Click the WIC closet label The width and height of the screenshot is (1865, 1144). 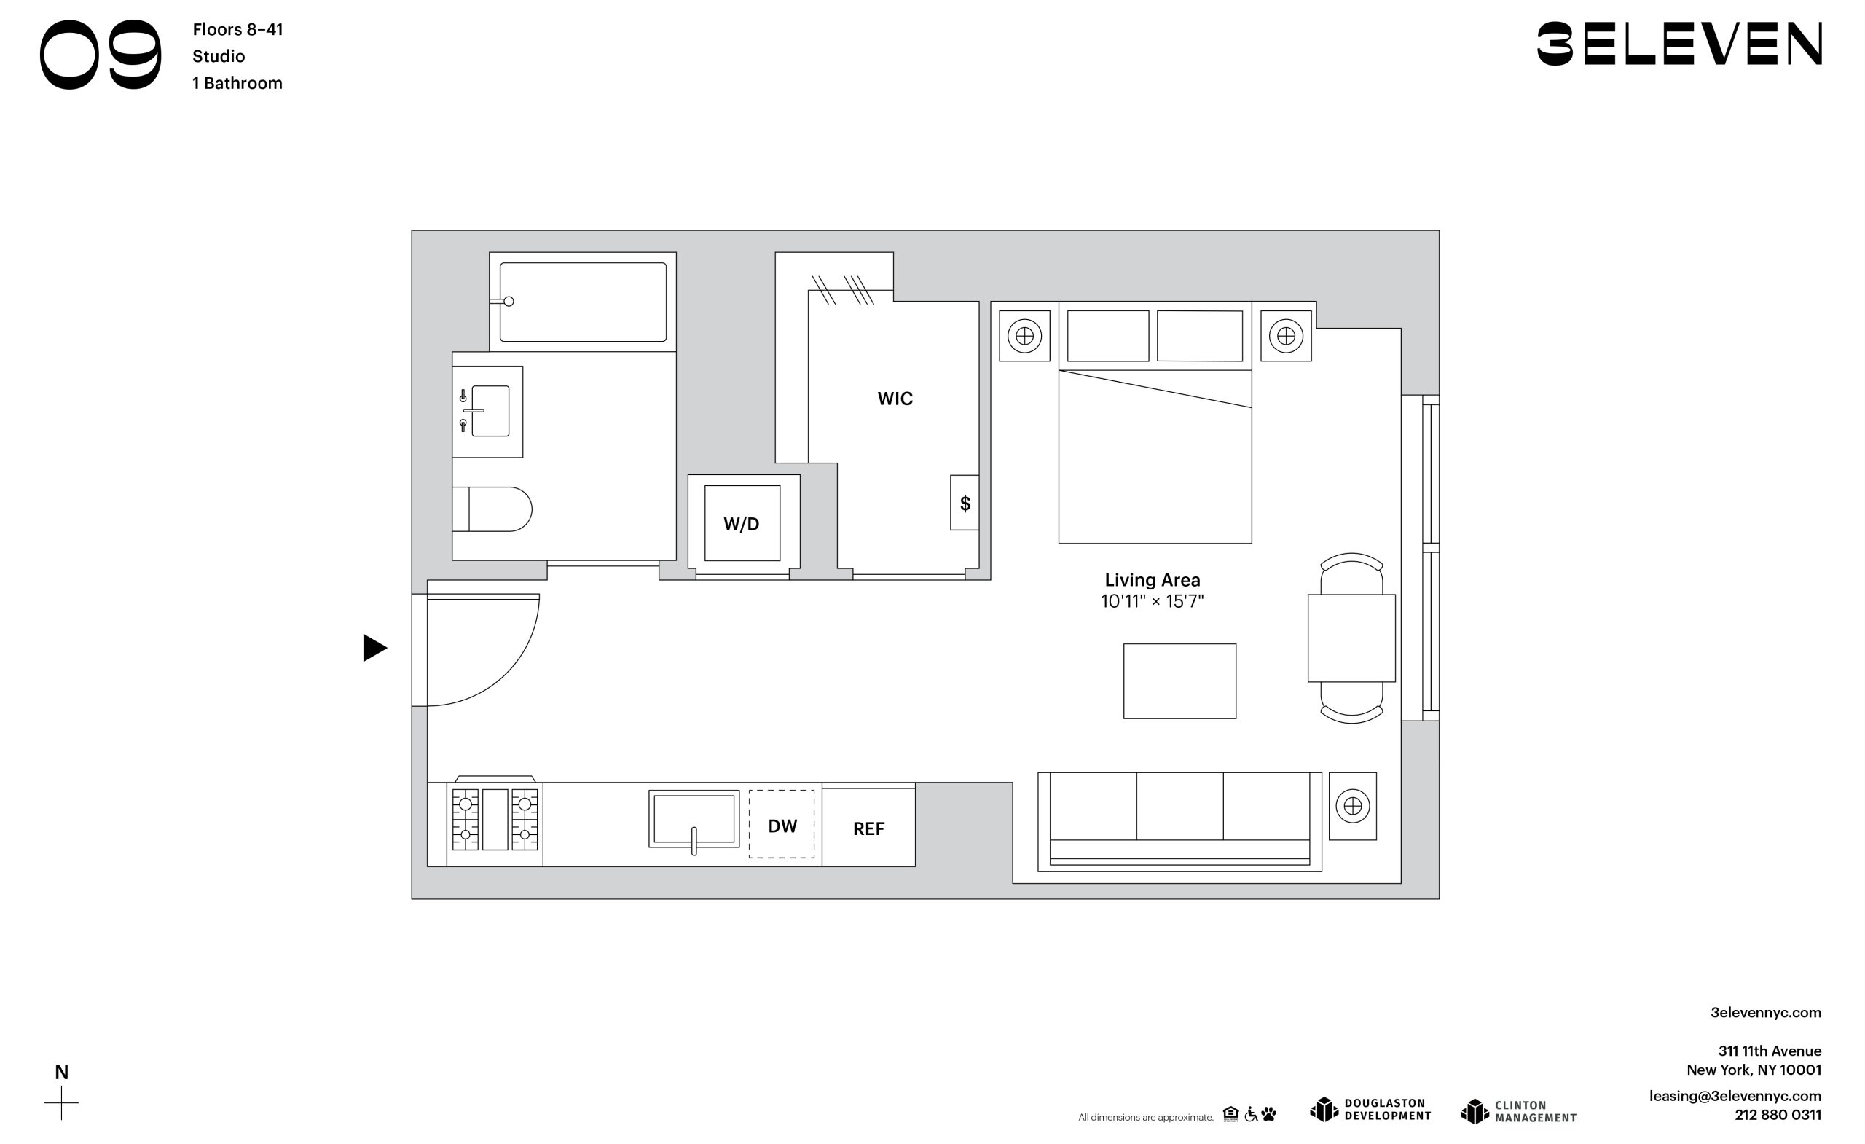895,399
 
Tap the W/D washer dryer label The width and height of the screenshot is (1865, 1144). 741,524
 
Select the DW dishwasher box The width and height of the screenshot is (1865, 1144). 782,825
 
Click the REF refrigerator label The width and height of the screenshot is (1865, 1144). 869,829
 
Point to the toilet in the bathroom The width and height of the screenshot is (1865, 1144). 492,509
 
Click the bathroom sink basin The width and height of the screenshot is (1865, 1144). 490,411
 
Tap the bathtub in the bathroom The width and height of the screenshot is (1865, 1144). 583,302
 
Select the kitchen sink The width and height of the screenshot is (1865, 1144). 694,820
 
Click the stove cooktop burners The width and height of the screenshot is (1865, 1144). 495,820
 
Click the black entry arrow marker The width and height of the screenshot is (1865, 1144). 374,648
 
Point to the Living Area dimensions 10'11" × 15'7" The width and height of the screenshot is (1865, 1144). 1152,601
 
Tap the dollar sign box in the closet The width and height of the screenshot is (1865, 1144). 965,503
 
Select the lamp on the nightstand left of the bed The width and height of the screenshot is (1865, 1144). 1025,335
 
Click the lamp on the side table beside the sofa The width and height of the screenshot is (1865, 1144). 1353,807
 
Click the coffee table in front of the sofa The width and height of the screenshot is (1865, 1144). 1179,681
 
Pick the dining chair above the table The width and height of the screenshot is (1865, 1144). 1352,573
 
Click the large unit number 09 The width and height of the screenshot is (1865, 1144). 101,55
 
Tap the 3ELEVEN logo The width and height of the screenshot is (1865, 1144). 1678,44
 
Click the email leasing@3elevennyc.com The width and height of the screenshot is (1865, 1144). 1735,1096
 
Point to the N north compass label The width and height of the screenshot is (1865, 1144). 61,1072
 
